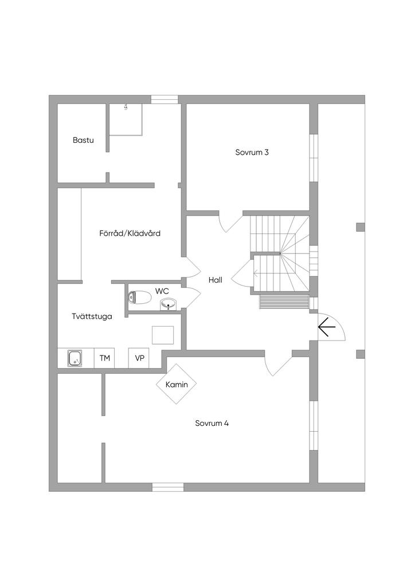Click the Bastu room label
pos(83,140)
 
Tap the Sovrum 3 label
pos(252,152)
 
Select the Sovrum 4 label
pos(212,424)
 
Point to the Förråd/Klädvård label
pos(130,233)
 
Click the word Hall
pos(215,280)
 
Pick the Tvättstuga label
pos(92,316)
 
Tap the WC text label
pos(162,291)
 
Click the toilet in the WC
pos(140,298)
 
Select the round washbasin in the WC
pos(168,303)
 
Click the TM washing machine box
pos(104,358)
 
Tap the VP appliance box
pos(139,358)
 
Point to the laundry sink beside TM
pos(75,358)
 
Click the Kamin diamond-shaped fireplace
pos(177,384)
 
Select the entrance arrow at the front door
pos(327,328)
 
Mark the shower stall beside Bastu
pos(125,119)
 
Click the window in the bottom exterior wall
pos(167,487)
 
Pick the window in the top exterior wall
pos(165,100)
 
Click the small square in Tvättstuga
pos(163,335)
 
